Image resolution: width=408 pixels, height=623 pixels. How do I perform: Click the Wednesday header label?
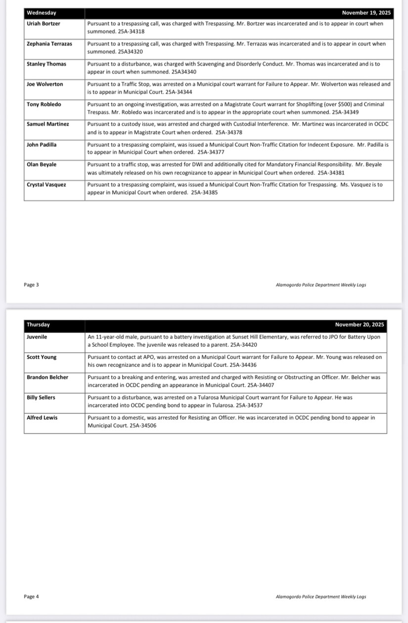click(42, 13)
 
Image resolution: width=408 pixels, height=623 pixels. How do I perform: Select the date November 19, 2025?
click(366, 13)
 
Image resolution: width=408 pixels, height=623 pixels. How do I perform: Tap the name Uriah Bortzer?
click(44, 24)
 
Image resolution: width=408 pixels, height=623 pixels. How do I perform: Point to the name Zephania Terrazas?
click(49, 44)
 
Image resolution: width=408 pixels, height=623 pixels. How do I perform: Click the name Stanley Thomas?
click(46, 64)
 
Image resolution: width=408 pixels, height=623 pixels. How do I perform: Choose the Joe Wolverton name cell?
click(45, 84)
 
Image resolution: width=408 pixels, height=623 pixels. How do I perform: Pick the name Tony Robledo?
click(44, 104)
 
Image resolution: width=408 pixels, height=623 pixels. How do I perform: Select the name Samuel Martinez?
click(48, 124)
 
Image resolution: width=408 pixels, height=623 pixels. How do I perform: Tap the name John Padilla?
click(42, 144)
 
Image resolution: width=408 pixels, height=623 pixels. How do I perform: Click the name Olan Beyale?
click(42, 164)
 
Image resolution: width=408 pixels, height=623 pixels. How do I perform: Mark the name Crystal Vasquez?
click(46, 184)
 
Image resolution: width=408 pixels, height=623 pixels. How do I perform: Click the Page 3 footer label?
click(31, 285)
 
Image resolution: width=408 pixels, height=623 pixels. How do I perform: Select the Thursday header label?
click(38, 325)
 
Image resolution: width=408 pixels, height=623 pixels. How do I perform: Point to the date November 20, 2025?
click(360, 325)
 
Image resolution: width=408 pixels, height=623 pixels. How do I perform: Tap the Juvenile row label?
click(37, 337)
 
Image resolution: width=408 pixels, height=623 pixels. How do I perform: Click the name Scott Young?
click(42, 357)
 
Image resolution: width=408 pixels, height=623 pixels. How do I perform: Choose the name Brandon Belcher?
click(47, 377)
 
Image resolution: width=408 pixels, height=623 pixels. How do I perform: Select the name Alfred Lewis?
click(42, 418)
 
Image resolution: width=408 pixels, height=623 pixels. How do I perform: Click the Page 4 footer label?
click(31, 596)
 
